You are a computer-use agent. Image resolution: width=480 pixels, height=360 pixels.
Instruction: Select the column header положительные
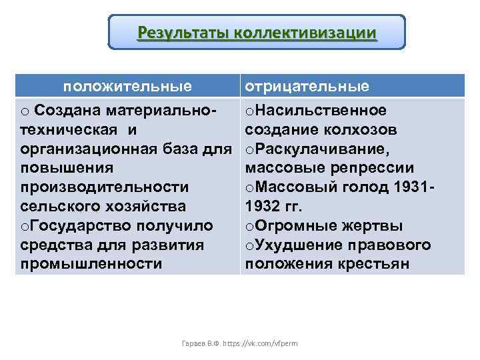tap(128, 86)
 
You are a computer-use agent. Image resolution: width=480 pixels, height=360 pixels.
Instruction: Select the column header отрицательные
tap(307, 86)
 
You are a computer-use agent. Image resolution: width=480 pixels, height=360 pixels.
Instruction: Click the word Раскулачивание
tap(323, 148)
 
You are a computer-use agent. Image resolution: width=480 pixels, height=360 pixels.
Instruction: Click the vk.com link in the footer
tap(267, 341)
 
